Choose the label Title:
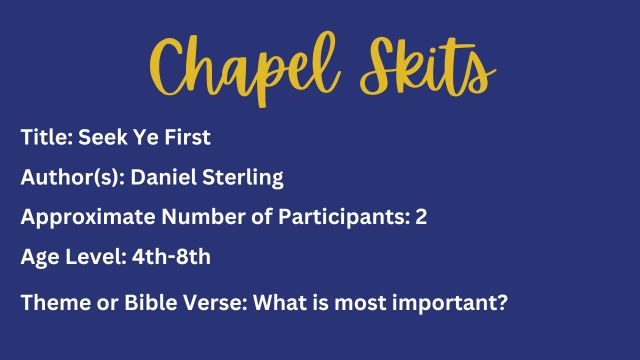click(x=44, y=138)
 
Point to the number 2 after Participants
click(x=421, y=217)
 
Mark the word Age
click(x=38, y=257)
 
